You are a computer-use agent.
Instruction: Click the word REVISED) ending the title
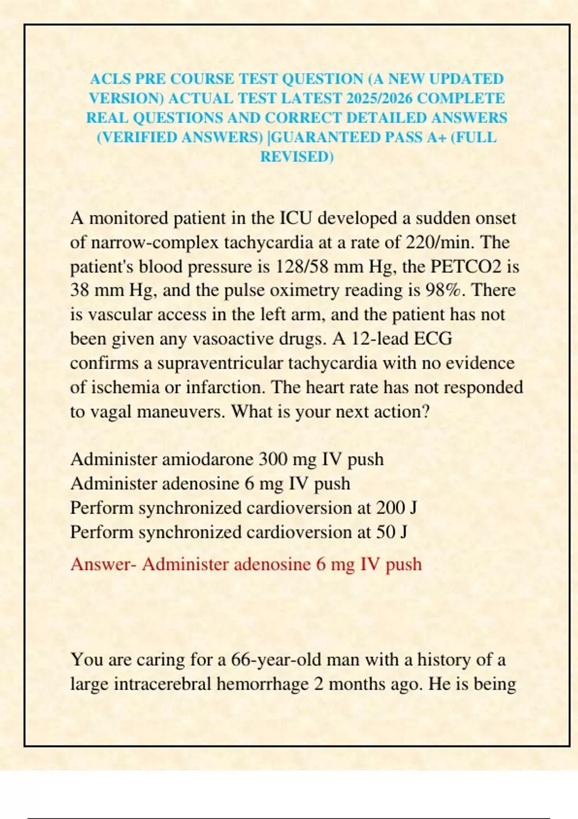(297, 157)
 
